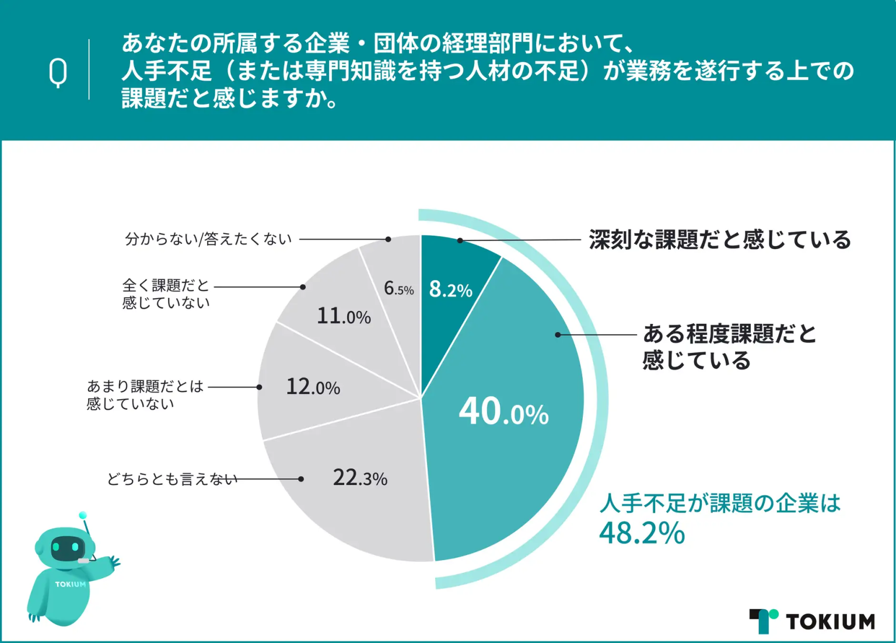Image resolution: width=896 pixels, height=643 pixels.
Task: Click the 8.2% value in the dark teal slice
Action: click(450, 289)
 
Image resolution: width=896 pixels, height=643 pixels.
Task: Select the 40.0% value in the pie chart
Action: click(503, 412)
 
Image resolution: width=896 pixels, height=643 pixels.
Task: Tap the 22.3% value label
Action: click(360, 478)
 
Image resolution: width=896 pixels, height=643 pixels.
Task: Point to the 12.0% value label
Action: click(313, 387)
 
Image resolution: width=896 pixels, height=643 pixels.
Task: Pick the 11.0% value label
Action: click(344, 316)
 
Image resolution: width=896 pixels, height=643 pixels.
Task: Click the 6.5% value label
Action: click(398, 288)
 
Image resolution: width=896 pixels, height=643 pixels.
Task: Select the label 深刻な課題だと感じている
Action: click(720, 240)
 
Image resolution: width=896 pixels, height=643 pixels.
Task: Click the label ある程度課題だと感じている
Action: click(729, 347)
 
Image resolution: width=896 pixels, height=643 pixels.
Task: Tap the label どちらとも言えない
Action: click(172, 479)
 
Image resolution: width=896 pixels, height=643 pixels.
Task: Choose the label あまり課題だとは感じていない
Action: click(145, 394)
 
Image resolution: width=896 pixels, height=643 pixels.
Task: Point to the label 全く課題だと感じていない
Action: click(166, 293)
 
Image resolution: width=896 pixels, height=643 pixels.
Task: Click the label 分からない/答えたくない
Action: click(208, 239)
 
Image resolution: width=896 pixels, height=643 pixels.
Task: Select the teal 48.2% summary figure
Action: click(642, 533)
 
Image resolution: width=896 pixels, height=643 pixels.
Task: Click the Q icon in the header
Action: click(58, 72)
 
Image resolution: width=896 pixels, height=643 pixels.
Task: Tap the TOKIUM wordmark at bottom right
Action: click(830, 622)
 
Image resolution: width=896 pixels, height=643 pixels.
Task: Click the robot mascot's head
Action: click(65, 547)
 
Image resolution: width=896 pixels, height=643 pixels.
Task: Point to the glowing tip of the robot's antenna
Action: click(83, 515)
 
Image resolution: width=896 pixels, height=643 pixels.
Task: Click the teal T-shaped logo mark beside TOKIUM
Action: click(764, 621)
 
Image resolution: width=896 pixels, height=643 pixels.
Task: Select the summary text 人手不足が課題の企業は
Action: click(720, 503)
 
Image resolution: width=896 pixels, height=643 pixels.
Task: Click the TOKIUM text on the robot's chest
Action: click(70, 584)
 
